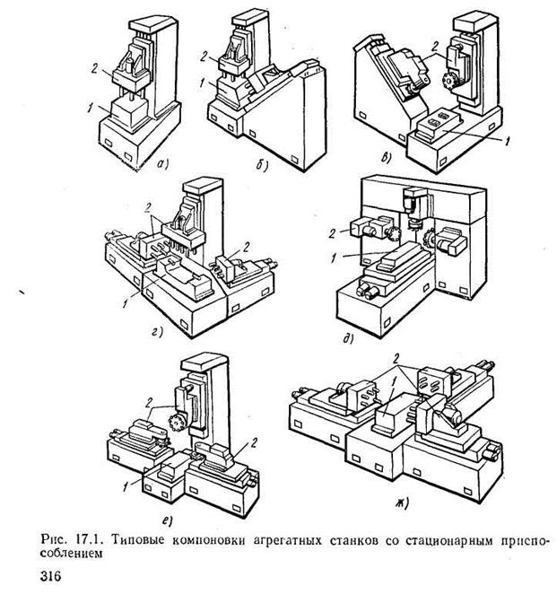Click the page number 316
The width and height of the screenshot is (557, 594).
tap(51, 576)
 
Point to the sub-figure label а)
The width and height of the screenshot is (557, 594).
tap(163, 164)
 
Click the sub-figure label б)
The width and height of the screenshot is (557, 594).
tap(262, 165)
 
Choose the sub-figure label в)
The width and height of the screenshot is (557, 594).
tap(386, 158)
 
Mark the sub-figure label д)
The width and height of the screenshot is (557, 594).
tap(348, 339)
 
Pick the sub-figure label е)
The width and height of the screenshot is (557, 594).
tap(168, 521)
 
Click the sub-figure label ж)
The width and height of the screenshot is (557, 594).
tap(403, 504)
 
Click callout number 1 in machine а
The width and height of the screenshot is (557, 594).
tap(90, 108)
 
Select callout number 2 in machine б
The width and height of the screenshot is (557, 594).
tap(205, 57)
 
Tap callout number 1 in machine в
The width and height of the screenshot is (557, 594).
tap(508, 141)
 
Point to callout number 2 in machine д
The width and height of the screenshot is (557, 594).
tap(332, 233)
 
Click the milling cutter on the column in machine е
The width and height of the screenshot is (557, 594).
tap(177, 421)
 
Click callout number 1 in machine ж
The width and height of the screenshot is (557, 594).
tap(393, 383)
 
